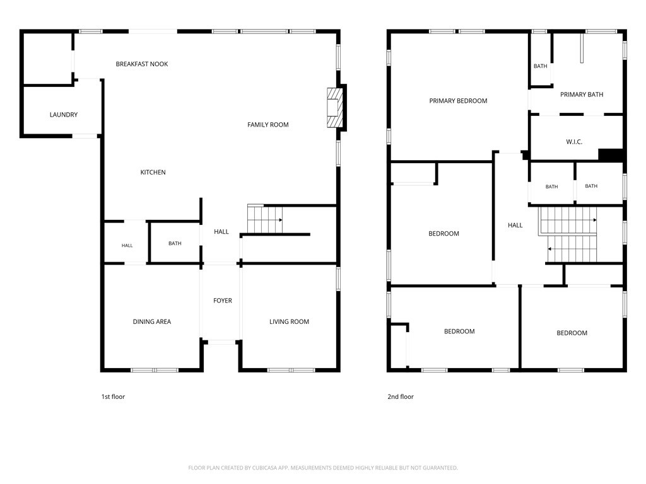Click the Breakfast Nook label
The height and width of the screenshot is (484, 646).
(142, 64)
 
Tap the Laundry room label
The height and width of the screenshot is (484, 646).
(64, 115)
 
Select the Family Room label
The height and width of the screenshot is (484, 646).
(267, 124)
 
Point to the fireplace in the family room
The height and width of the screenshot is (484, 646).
(334, 107)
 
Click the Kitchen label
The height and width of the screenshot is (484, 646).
(153, 172)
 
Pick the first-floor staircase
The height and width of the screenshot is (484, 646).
(265, 219)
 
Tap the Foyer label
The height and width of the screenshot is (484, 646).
(223, 301)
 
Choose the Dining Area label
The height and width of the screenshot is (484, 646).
(151, 321)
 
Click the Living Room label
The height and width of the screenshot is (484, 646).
(289, 321)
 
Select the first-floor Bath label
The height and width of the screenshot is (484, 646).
(175, 243)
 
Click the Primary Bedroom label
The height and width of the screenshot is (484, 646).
(458, 100)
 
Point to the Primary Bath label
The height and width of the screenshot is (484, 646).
(581, 95)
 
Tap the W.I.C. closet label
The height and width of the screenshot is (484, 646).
(574, 142)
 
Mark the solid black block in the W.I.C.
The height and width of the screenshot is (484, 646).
(611, 155)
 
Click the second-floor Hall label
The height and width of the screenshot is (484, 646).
(515, 225)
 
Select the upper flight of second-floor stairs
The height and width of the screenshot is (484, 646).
(568, 220)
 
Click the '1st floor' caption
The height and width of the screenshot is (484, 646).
(113, 396)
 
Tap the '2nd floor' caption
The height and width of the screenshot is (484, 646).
(401, 396)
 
